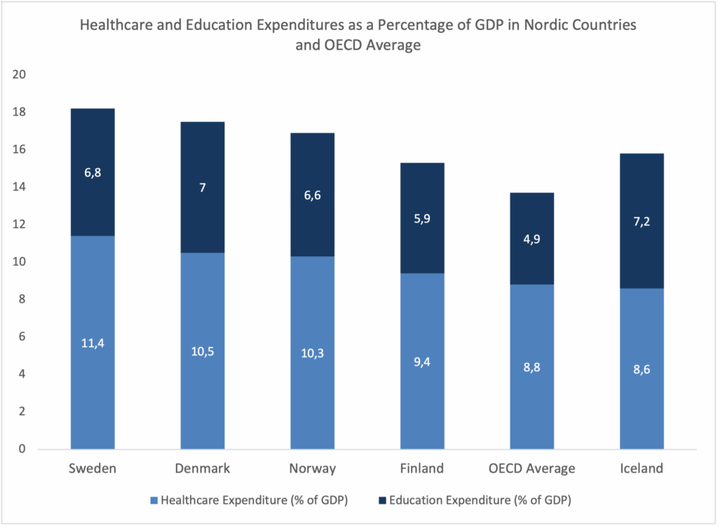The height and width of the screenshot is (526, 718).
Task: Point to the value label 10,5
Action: point(203,351)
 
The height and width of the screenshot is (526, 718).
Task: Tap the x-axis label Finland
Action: point(422,469)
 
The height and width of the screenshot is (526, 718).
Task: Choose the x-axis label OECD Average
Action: point(532,469)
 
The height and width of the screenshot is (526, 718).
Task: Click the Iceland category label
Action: point(642,469)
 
